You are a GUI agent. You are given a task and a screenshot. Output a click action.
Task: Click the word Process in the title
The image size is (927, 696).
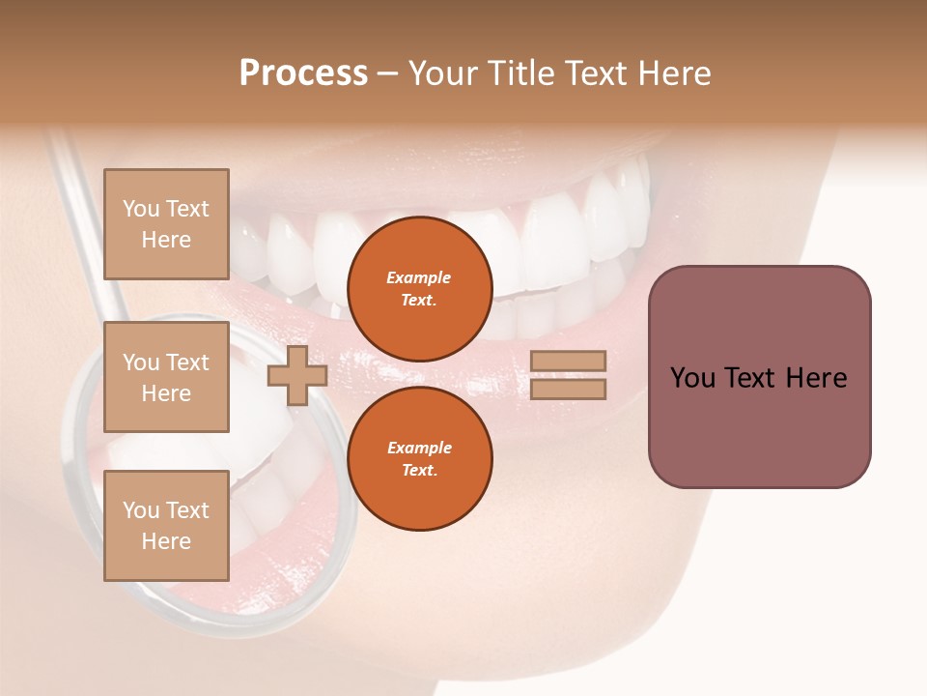(303, 73)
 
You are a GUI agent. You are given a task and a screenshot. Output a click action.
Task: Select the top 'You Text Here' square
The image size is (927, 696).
(166, 224)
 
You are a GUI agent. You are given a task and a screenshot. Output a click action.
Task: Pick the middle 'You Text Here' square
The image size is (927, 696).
(166, 377)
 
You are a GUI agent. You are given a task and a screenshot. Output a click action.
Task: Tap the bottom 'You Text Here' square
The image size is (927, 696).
(166, 525)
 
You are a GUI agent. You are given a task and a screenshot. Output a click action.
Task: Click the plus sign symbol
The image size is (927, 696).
(296, 376)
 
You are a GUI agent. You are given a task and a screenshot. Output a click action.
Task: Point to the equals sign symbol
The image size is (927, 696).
(568, 375)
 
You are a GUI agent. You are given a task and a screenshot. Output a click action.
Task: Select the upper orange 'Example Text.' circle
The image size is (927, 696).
(419, 289)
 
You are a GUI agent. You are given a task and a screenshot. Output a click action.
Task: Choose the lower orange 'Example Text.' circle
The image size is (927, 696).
(419, 459)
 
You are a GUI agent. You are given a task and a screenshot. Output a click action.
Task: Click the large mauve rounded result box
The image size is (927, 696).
(759, 377)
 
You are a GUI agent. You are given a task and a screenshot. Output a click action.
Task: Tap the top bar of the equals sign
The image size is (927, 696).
(568, 361)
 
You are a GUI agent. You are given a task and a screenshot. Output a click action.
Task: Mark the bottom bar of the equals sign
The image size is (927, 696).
(568, 390)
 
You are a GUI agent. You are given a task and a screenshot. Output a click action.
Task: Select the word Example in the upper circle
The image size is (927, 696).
(419, 278)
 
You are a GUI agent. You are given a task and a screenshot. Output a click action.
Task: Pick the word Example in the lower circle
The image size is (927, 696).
(419, 449)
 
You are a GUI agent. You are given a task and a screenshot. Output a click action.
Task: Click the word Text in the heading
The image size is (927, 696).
(596, 73)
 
